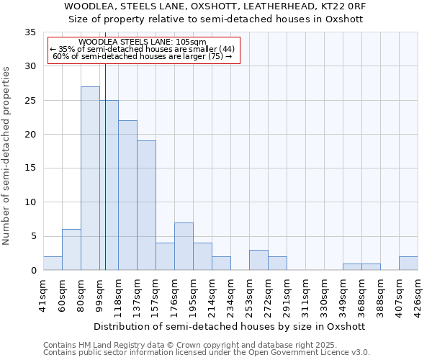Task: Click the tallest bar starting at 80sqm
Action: [x=90, y=179]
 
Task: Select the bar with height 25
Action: [x=109, y=185]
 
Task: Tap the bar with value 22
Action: [x=127, y=195]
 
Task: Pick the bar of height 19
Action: [x=146, y=205]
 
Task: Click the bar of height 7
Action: [x=184, y=246]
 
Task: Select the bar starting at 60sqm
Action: [x=71, y=250]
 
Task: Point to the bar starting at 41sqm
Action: [x=53, y=264]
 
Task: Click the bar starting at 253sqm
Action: [x=258, y=260]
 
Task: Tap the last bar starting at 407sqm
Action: [x=408, y=264]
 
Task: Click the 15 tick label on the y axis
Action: [x=30, y=168]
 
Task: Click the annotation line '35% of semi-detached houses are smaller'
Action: [x=143, y=49]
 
